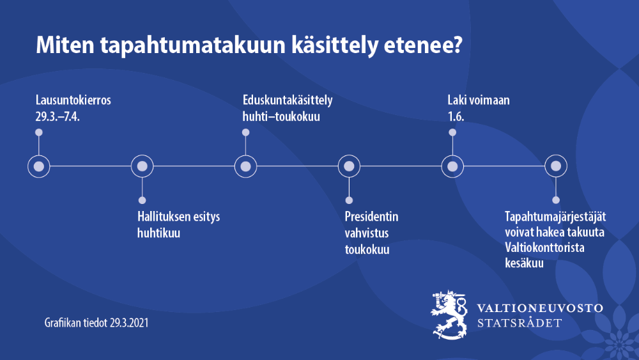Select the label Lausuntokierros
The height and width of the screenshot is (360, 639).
tap(73, 100)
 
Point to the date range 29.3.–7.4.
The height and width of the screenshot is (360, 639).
tap(62, 118)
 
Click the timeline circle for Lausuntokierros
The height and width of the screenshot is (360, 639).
tap(39, 166)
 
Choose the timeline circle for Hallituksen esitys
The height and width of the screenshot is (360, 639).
tap(142, 166)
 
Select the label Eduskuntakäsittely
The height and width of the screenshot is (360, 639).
tap(288, 100)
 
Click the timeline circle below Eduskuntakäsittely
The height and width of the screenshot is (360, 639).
tap(245, 166)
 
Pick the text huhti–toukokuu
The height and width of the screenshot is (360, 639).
tap(281, 118)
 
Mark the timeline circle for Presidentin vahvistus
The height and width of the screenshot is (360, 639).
tap(349, 166)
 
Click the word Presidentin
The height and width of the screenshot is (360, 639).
tap(371, 216)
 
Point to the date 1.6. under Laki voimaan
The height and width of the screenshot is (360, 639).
tap(456, 118)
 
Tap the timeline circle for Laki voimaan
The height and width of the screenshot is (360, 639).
tap(452, 166)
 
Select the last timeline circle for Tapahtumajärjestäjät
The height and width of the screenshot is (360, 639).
tap(556, 166)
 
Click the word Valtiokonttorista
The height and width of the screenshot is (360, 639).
tap(545, 247)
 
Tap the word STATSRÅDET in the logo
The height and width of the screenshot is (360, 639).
tap(520, 322)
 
